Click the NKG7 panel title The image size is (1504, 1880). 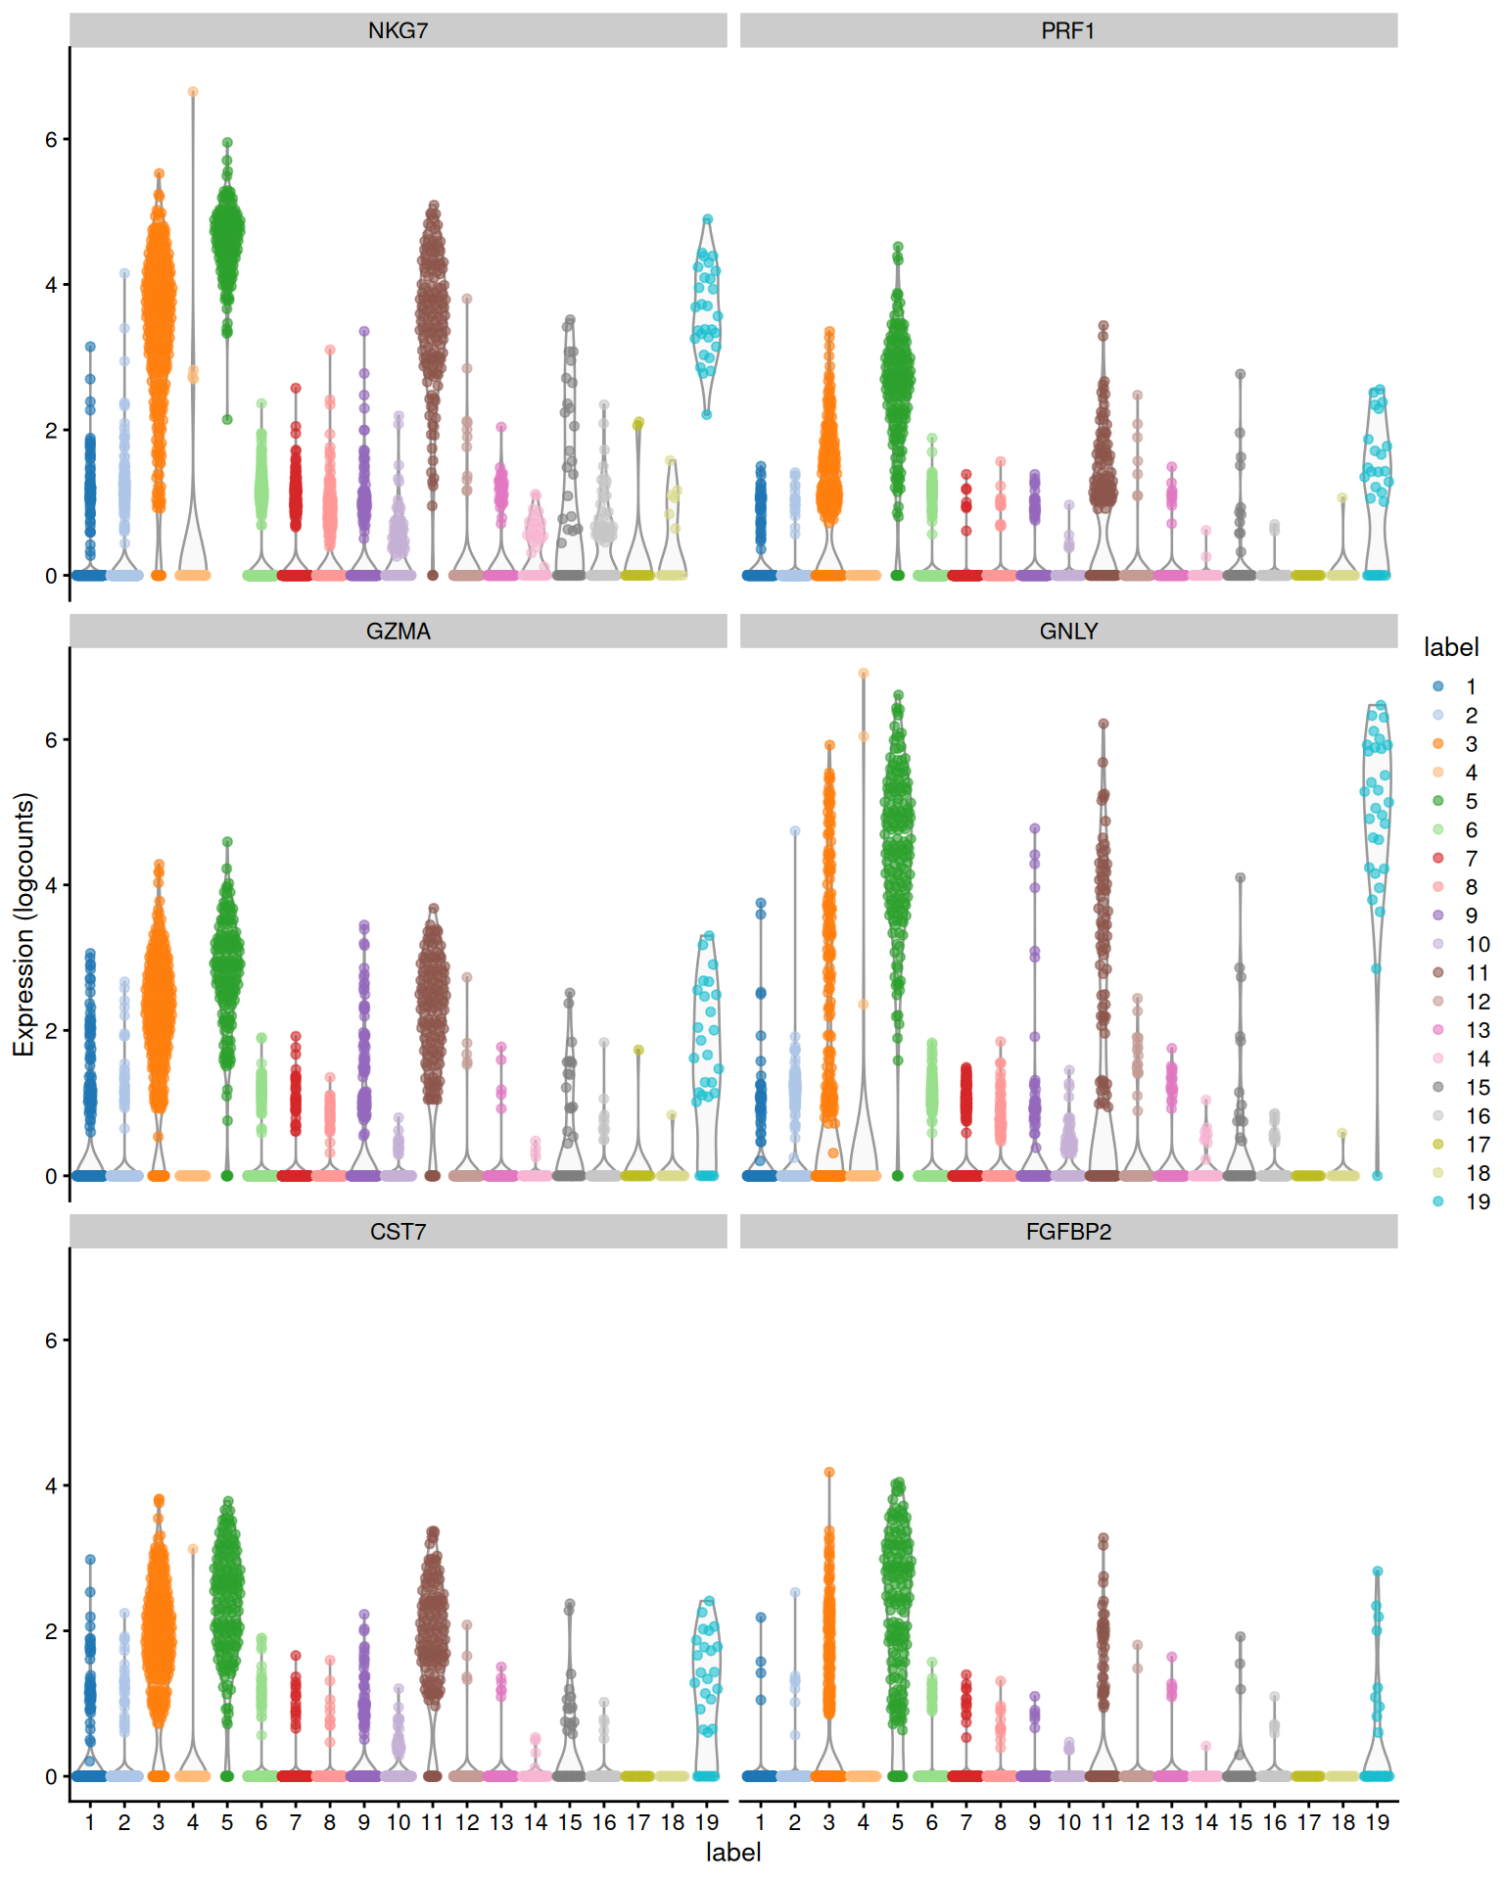[398, 30]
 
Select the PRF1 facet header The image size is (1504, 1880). [1067, 30]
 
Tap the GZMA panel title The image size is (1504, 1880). [398, 632]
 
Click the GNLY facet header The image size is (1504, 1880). [1067, 632]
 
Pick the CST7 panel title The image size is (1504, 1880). [398, 1232]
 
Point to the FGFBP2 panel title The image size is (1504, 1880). [1067, 1232]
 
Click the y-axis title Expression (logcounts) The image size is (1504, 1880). [23, 924]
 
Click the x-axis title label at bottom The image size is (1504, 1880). [733, 1853]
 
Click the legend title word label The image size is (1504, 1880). [1450, 647]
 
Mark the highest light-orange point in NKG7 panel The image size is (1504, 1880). [193, 92]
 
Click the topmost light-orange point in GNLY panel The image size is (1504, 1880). [863, 674]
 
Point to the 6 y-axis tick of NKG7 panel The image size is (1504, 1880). [51, 139]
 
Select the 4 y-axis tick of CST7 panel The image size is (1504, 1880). [51, 1485]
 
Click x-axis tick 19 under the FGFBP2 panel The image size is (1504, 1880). [1377, 1823]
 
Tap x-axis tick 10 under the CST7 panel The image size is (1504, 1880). [398, 1823]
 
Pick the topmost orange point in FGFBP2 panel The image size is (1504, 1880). [828, 1472]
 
